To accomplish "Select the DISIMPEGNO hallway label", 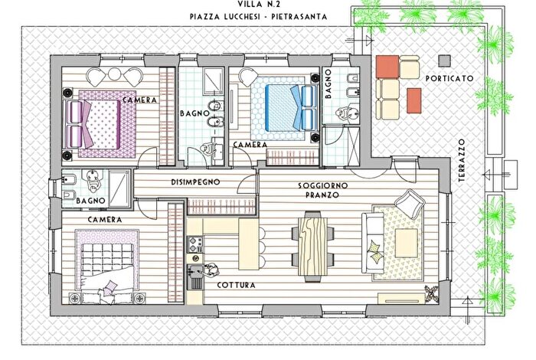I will (x=196, y=182).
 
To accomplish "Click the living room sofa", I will (x=374, y=241).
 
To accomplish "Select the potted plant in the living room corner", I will (x=433, y=293).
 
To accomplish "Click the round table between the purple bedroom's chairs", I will (x=114, y=77).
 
